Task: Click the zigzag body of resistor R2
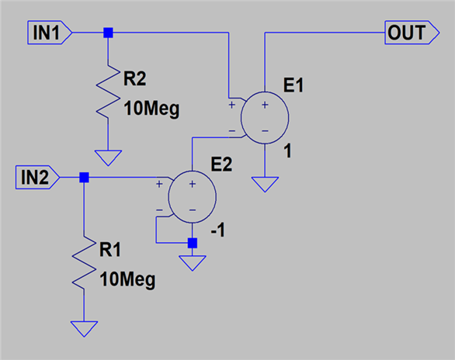(108, 92)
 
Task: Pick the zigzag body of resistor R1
(84, 262)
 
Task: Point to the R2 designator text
(134, 78)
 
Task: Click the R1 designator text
(110, 250)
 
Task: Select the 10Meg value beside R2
(151, 109)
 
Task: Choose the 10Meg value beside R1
(127, 280)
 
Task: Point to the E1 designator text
(293, 85)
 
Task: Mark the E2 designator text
(221, 164)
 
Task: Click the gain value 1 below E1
(287, 151)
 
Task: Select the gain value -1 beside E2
(218, 230)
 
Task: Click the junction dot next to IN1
(108, 33)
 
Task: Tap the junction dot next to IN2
(84, 177)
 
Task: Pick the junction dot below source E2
(193, 243)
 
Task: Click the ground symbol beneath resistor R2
(108, 158)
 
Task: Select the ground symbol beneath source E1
(265, 185)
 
